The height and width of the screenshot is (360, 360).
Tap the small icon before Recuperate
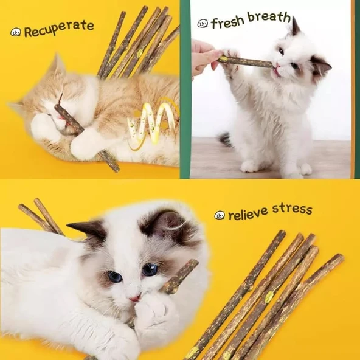tap(16, 32)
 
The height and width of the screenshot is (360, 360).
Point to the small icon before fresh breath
tap(202, 24)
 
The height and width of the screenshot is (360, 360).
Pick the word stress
tap(292, 210)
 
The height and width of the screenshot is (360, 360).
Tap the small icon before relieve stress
tap(220, 215)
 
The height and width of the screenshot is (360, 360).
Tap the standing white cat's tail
tap(226, 140)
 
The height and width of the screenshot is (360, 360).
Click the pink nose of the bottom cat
tap(134, 298)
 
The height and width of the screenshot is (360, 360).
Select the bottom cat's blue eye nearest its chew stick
tap(150, 269)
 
